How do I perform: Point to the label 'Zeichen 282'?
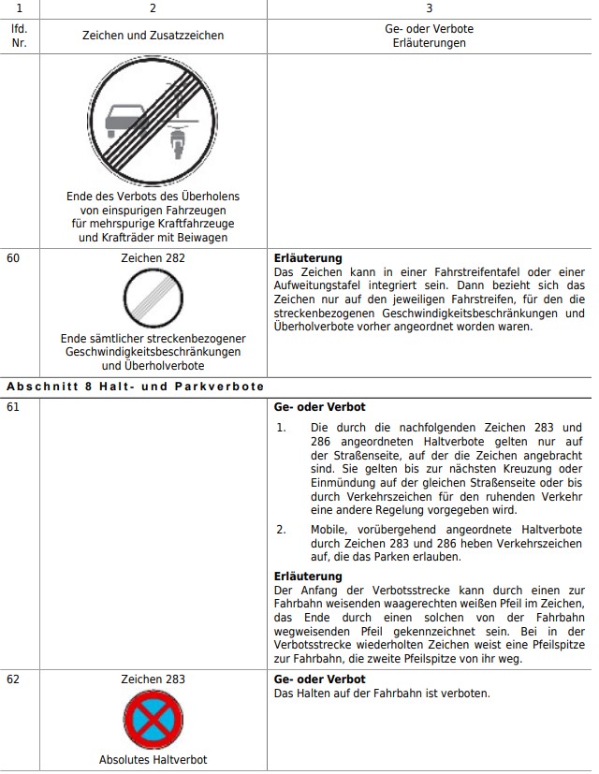point(153,258)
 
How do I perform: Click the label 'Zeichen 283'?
point(153,679)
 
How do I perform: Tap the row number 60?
point(13,258)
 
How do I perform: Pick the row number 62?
point(13,679)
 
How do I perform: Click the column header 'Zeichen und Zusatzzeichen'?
point(153,36)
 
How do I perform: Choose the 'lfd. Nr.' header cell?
point(19,36)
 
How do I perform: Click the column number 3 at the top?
point(429,8)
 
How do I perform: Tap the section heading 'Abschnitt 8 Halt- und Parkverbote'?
point(136,386)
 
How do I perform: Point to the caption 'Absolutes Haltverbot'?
point(153,760)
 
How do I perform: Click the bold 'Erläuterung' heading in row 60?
point(308,258)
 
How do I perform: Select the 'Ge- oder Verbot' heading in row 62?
point(319,679)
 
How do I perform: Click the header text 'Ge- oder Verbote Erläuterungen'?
point(429,36)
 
